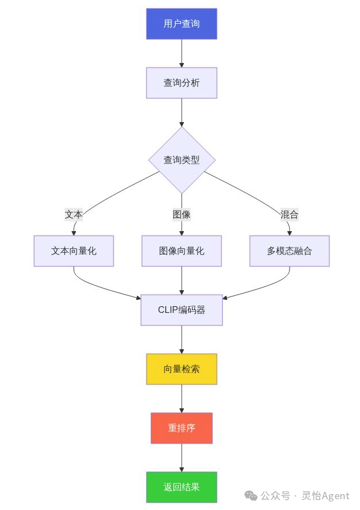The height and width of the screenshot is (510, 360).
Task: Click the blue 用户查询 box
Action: coord(181,24)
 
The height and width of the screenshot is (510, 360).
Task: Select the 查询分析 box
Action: coord(181,83)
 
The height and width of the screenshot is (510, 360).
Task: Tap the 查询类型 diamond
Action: coord(182,160)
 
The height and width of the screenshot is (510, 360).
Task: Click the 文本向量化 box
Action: coord(74,251)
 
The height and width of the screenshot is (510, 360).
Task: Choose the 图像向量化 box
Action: coord(182,251)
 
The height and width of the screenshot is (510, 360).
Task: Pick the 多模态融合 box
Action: coord(289,251)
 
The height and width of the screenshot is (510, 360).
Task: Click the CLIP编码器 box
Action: coord(182,310)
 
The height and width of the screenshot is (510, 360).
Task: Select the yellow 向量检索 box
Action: coord(182,369)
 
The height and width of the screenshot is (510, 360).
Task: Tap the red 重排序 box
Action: coord(182,428)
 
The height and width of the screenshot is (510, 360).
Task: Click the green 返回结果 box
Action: coord(182,487)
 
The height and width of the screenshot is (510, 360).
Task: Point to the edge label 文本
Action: coord(74,215)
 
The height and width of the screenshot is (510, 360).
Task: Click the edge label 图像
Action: coord(182,215)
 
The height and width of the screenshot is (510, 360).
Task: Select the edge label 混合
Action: coord(289,215)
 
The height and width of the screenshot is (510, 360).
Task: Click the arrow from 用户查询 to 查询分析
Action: coord(182,53)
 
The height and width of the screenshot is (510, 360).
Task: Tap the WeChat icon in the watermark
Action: coord(250,496)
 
